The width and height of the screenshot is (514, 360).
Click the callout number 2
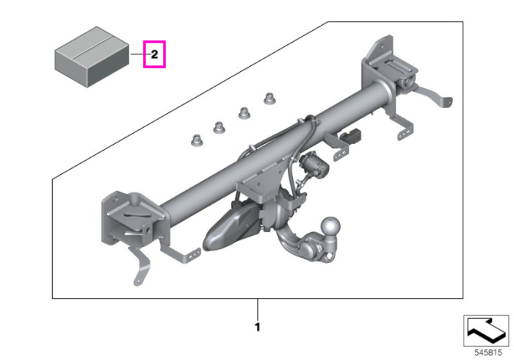154,54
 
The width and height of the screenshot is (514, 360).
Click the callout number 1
258,327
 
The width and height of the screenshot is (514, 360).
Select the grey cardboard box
92,57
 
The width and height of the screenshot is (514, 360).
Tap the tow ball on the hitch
330,226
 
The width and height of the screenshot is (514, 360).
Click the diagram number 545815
488,353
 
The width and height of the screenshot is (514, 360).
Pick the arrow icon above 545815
486,331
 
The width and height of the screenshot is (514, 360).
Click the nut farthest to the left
197,140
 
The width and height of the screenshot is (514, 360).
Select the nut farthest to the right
269,98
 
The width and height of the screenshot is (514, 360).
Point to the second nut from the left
220,127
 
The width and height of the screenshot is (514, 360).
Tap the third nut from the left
245,113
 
